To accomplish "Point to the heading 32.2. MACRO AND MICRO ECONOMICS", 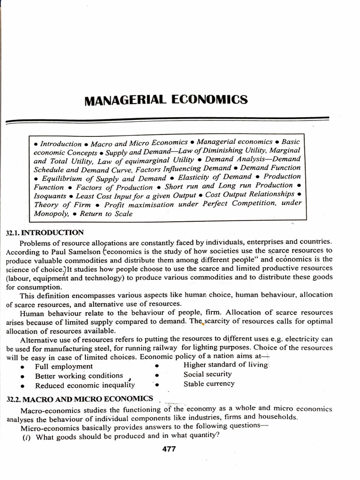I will tap(80, 398).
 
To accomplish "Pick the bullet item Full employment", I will tap(64, 367).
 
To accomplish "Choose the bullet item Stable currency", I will tap(209, 383).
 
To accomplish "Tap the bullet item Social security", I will tap(208, 374).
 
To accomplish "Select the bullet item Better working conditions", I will tap(79, 376).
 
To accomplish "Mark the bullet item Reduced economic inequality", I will tap(85, 385).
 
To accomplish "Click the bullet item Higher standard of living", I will tap(225, 365).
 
